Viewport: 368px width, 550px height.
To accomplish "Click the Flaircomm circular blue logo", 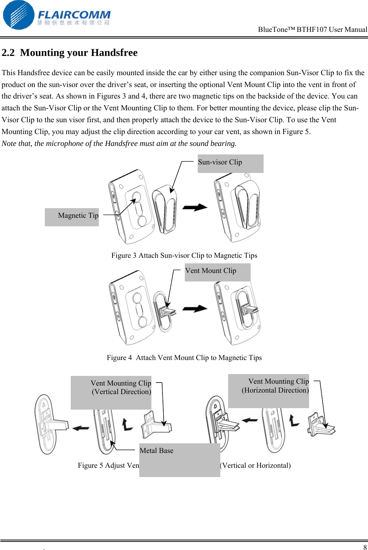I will [x=19, y=15].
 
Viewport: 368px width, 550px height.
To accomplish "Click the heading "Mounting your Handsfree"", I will [x=78, y=53].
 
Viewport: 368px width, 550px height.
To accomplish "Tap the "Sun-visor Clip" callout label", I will [x=220, y=162].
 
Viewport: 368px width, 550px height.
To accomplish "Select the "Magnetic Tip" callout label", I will [x=78, y=216].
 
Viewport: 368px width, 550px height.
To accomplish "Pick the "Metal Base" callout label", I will [x=157, y=451].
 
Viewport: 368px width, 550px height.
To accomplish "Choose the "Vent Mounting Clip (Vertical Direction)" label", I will [x=121, y=387].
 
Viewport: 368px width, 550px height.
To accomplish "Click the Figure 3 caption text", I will [x=184, y=256].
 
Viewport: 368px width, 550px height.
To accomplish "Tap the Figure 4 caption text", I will [x=184, y=358].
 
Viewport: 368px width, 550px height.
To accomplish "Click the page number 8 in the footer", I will [x=365, y=547].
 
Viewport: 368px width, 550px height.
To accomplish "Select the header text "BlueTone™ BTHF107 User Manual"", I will [x=312, y=30].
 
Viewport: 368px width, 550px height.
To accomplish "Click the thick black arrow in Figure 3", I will [x=195, y=207].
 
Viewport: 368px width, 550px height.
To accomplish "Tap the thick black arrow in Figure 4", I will [x=195, y=309].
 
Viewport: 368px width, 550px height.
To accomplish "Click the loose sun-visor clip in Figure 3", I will [x=165, y=210].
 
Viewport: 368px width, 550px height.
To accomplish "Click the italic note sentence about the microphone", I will [x=119, y=144].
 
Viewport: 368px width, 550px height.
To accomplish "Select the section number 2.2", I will [x=8, y=53].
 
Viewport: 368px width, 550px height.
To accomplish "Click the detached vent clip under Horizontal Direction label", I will [x=321, y=425].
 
